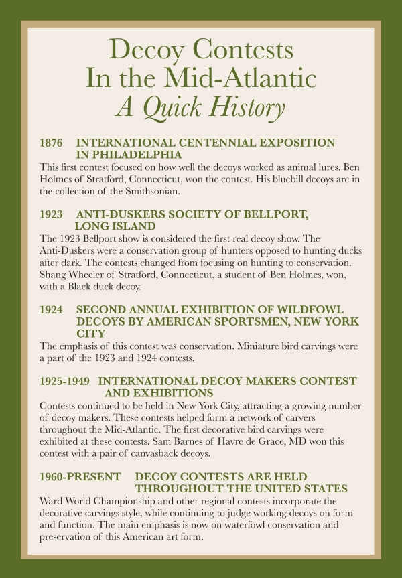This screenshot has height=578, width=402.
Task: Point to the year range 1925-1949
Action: click(64, 381)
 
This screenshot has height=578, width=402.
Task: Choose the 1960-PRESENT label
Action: click(80, 476)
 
